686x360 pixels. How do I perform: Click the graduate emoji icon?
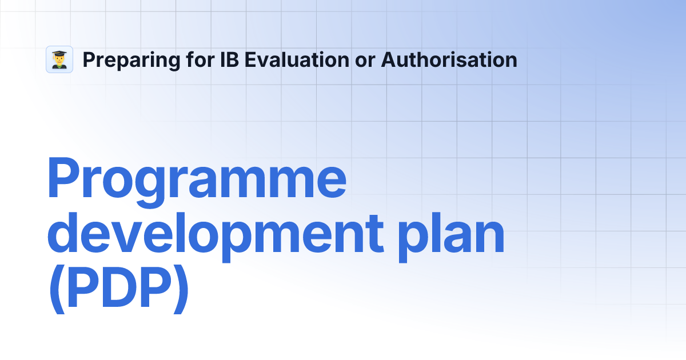point(59,59)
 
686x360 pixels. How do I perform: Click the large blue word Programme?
point(197,180)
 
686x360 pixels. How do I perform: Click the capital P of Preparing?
point(89,59)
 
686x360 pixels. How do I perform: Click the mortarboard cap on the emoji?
point(59,53)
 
